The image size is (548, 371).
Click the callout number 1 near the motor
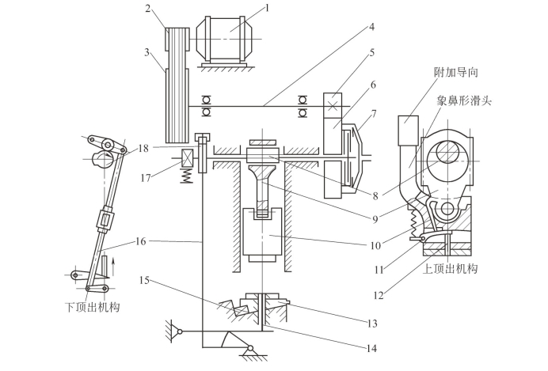tap(268, 8)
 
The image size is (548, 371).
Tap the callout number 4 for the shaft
tap(371, 27)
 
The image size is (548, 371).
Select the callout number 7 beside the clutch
tap(374, 114)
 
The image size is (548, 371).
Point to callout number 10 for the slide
tap(375, 246)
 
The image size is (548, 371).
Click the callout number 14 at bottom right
tap(371, 348)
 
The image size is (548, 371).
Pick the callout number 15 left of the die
tap(144, 280)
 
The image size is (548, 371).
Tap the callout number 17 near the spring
tap(146, 178)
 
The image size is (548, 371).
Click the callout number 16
tap(140, 241)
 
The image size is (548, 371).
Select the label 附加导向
tap(455, 72)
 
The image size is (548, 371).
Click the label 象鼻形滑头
tap(464, 101)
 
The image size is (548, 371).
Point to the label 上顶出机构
tap(450, 269)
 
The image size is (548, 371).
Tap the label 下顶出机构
tap(93, 307)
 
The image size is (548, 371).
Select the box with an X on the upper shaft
tap(333, 106)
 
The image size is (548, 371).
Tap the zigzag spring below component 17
tap(188, 176)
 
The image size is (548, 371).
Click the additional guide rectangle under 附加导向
tap(408, 131)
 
